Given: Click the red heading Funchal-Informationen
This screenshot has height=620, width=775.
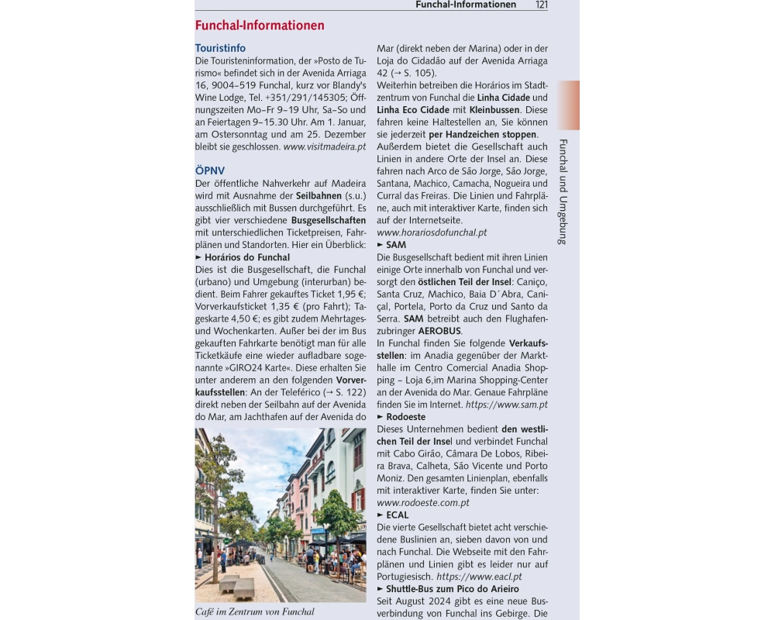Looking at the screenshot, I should point(260,26).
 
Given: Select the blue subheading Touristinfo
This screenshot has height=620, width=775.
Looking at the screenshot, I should point(220,48).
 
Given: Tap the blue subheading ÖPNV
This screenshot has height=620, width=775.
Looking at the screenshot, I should point(210,170).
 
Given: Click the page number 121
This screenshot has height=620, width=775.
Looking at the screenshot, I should point(541,5).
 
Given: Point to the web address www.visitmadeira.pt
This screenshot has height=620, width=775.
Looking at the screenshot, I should point(324,146).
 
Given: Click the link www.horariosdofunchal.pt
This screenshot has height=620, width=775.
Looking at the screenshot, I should point(432,232).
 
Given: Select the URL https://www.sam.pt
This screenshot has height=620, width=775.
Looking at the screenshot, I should point(507,405).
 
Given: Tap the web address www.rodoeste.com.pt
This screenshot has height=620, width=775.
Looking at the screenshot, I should point(422,502).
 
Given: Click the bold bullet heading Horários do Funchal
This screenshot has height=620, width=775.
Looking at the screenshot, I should point(247,257).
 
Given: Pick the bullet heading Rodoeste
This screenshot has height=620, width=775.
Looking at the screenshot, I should point(405,417).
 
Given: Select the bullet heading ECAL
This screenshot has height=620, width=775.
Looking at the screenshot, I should point(397,515).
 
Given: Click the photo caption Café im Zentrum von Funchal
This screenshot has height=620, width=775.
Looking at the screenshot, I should point(255,612).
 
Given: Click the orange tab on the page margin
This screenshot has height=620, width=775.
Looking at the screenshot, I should point(568,105).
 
